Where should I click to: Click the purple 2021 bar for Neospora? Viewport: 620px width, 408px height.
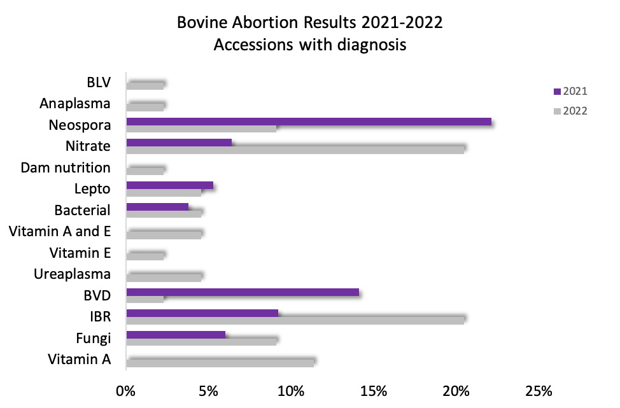click(x=309, y=122)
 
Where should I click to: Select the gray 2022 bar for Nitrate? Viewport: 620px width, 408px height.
click(x=295, y=150)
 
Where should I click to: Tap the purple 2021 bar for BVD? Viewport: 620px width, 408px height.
click(x=243, y=293)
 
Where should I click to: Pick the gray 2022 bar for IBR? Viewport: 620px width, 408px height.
click(x=295, y=320)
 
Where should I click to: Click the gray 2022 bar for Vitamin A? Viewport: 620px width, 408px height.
click(x=220, y=362)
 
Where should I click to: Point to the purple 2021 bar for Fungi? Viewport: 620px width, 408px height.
click(x=176, y=335)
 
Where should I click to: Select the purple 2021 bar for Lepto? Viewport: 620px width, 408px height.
click(x=169, y=185)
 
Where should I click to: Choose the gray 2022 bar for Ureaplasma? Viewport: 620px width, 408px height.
click(x=164, y=277)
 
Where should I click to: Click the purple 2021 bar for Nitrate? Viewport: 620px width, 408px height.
click(x=179, y=143)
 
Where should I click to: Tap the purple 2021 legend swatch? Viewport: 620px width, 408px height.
click(x=557, y=92)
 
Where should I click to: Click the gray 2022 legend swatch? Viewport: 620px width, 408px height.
click(x=557, y=111)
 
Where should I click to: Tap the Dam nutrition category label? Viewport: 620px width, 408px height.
click(x=66, y=168)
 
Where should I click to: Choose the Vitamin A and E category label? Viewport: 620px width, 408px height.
click(x=60, y=232)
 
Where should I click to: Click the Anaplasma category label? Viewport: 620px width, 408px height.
click(x=75, y=103)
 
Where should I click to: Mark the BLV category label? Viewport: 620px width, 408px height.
click(x=99, y=82)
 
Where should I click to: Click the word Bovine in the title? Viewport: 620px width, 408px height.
click(x=205, y=24)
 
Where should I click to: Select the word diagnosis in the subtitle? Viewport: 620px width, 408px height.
click(x=369, y=46)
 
